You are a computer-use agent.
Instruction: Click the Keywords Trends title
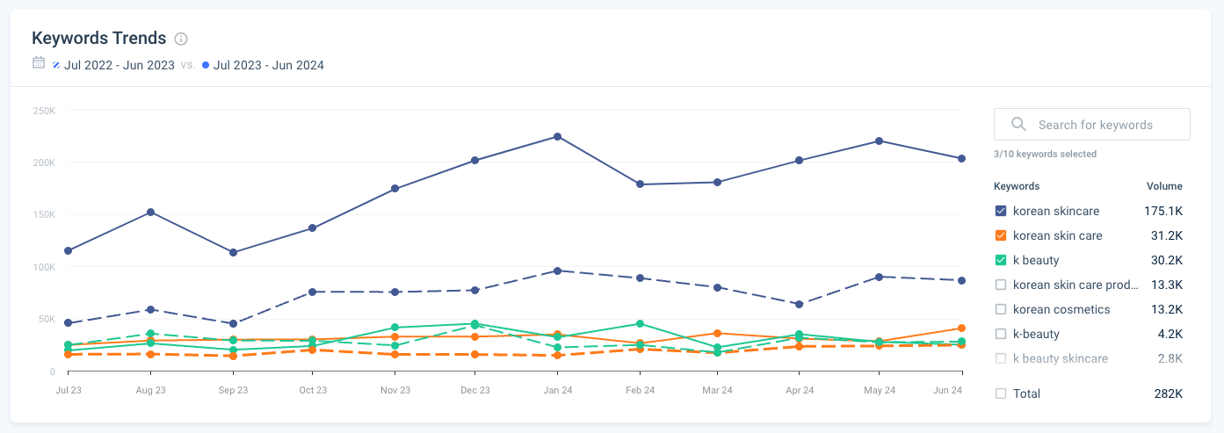(98, 38)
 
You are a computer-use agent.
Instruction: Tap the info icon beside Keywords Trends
(181, 39)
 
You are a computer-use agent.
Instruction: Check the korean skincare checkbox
(1000, 211)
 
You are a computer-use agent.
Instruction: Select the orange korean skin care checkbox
(1000, 235)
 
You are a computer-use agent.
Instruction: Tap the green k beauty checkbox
(1000, 260)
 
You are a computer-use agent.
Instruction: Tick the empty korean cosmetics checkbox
(1000, 309)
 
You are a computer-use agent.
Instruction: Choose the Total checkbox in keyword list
(1000, 393)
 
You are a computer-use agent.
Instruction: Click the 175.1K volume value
(1164, 211)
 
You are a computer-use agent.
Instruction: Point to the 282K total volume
(1168, 393)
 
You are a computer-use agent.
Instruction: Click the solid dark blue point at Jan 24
(557, 136)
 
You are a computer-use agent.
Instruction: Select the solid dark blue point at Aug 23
(151, 212)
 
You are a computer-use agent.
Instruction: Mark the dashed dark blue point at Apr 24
(799, 304)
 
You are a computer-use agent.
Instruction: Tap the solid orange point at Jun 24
(961, 328)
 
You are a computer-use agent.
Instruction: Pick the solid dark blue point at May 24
(880, 141)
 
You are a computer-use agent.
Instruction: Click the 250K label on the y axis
(44, 111)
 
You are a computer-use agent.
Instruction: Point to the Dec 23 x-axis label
(474, 390)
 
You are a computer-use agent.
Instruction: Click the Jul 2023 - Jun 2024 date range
(268, 65)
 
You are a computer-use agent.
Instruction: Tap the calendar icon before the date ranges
(38, 63)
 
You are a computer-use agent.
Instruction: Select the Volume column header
(1164, 186)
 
